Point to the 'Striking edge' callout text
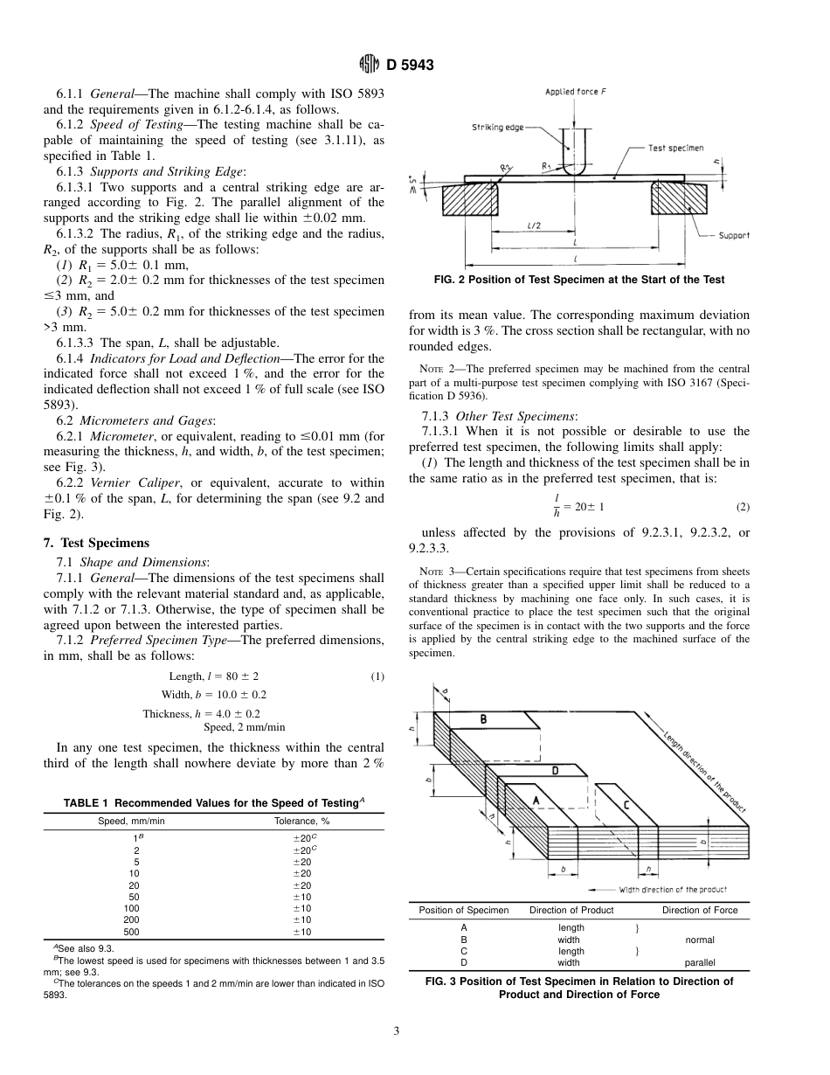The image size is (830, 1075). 498,128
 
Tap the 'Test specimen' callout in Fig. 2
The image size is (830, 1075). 675,148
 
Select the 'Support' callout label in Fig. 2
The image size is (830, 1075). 734,235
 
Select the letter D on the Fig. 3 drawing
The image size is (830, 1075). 555,771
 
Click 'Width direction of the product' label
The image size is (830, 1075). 673,890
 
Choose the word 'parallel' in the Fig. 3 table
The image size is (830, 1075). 700,962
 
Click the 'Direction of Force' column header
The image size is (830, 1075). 700,910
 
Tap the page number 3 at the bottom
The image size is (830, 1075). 397,1031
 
